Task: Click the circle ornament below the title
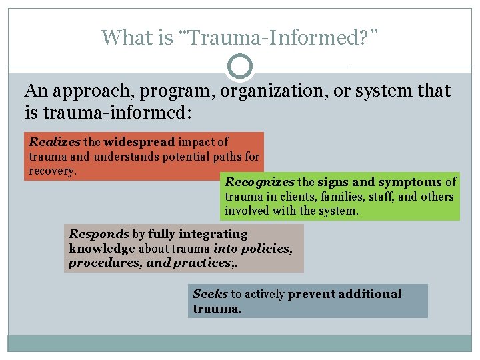(x=240, y=67)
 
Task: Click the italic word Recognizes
(x=260, y=182)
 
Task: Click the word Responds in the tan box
(x=99, y=234)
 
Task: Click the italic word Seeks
(x=210, y=294)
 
